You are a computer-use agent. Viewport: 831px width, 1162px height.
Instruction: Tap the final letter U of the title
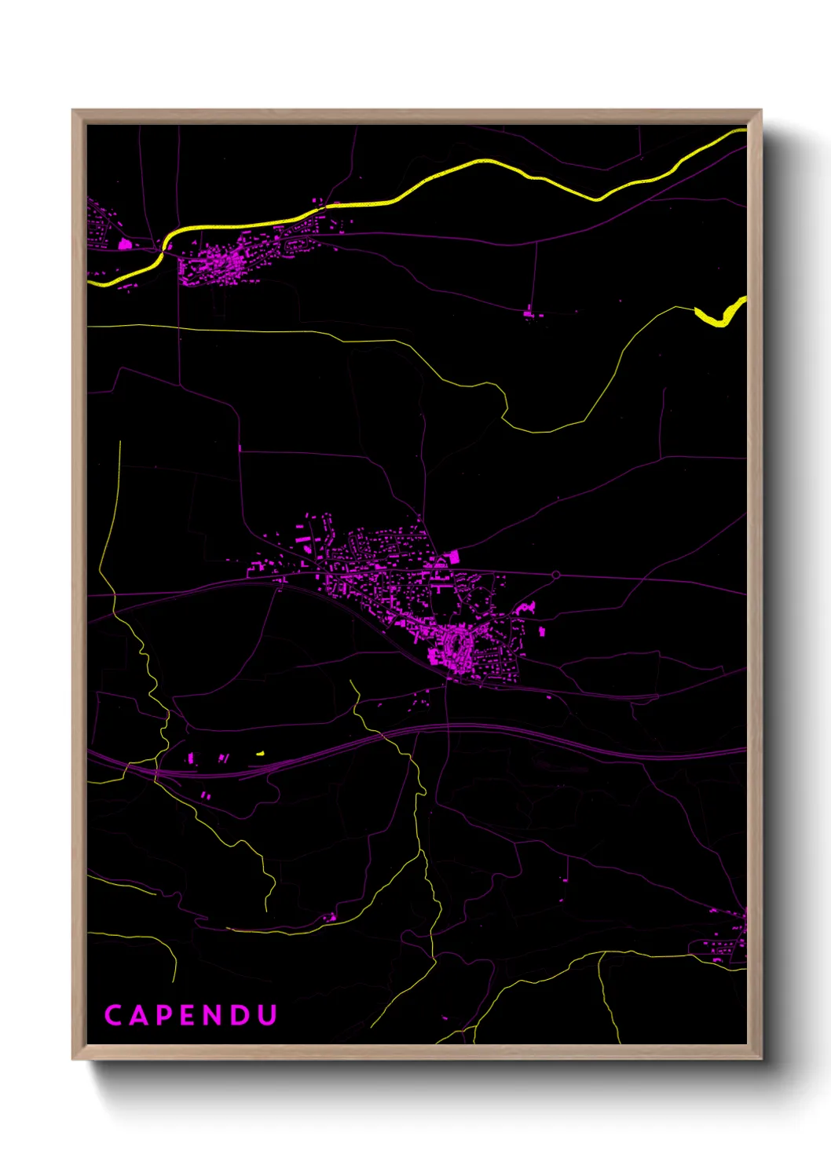pos(268,1015)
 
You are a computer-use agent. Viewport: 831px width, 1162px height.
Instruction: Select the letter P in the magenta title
pos(165,1015)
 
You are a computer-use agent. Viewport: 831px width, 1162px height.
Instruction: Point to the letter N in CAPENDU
pos(216,1015)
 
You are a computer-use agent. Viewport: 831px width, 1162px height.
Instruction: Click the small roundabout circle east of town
pos(556,576)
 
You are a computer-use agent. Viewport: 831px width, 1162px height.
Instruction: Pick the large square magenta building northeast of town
pos(453,557)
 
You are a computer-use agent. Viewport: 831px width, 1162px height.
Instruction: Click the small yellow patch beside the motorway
pos(260,754)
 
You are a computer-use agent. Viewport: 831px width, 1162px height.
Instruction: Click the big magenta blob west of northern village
pos(124,244)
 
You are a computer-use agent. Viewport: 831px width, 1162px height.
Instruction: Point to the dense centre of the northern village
pos(216,263)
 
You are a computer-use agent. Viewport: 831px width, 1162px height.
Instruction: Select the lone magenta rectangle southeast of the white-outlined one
pos(542,630)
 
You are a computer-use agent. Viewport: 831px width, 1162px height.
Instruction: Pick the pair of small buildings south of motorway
pos(206,795)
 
